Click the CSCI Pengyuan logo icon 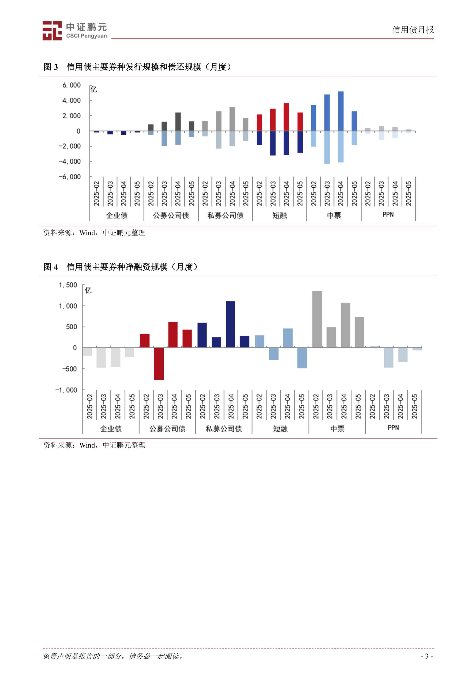click(x=52, y=31)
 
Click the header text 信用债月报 click(x=413, y=30)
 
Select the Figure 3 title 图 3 click(x=50, y=67)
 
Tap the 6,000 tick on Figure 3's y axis click(x=71, y=85)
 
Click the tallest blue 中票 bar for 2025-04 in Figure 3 click(x=340, y=111)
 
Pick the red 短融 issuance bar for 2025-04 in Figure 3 click(x=286, y=117)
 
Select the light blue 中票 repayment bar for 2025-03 click(x=327, y=147)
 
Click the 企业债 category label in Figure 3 click(x=117, y=215)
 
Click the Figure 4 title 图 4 click(x=50, y=267)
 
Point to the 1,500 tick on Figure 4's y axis click(x=68, y=285)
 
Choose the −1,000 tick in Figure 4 click(x=66, y=390)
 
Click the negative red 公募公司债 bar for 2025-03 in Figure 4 click(x=159, y=364)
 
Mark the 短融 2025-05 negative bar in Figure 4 click(x=302, y=358)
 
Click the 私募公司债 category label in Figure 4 click(x=224, y=429)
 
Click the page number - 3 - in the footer click(x=427, y=656)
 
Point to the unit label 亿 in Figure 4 click(x=88, y=290)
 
